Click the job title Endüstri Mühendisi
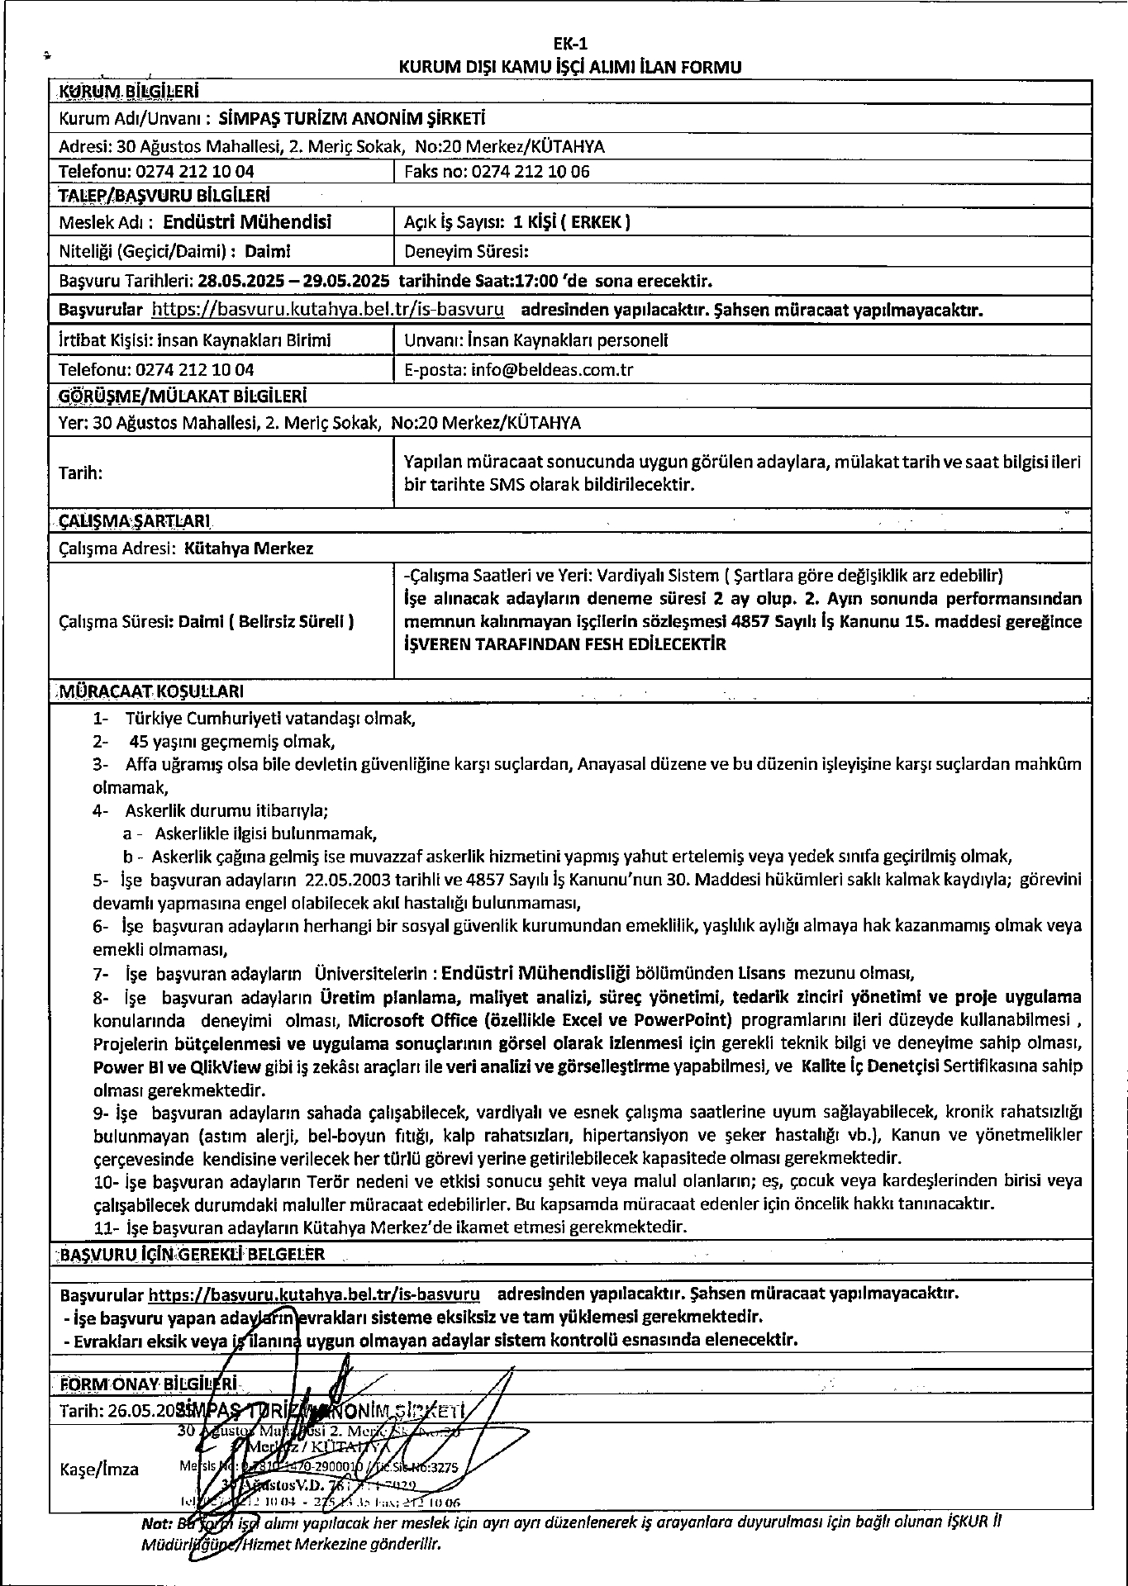247,221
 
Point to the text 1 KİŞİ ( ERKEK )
572,221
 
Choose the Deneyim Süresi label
466,251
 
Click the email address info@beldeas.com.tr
552,370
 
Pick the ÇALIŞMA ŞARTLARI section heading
135,522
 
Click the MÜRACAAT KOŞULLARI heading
150,691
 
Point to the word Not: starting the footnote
157,1523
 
